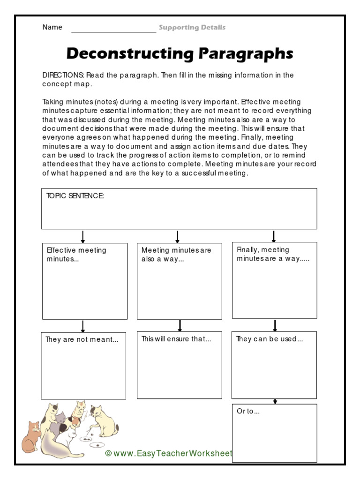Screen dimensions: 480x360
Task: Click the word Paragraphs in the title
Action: coord(246,53)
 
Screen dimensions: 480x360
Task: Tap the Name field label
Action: coord(52,27)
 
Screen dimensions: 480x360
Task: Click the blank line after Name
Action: coord(113,29)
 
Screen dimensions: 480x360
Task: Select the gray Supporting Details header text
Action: coord(192,28)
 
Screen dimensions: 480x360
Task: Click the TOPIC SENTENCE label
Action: coord(75,196)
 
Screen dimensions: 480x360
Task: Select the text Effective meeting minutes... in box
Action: coord(76,255)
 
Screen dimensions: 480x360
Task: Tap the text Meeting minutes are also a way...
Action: coord(176,255)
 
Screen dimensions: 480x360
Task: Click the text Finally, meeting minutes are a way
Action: coord(273,254)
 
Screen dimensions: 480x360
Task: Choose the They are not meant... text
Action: coord(82,340)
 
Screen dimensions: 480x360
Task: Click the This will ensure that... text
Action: coord(176,339)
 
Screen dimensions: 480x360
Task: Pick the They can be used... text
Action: coord(270,339)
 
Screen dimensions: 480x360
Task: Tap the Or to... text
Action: coord(248,411)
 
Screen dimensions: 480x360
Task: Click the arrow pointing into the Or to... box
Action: coord(275,401)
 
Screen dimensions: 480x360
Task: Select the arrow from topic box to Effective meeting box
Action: coord(83,236)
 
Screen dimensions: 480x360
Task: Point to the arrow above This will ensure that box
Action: coord(180,326)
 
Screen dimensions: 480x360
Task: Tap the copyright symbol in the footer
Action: coord(108,453)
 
